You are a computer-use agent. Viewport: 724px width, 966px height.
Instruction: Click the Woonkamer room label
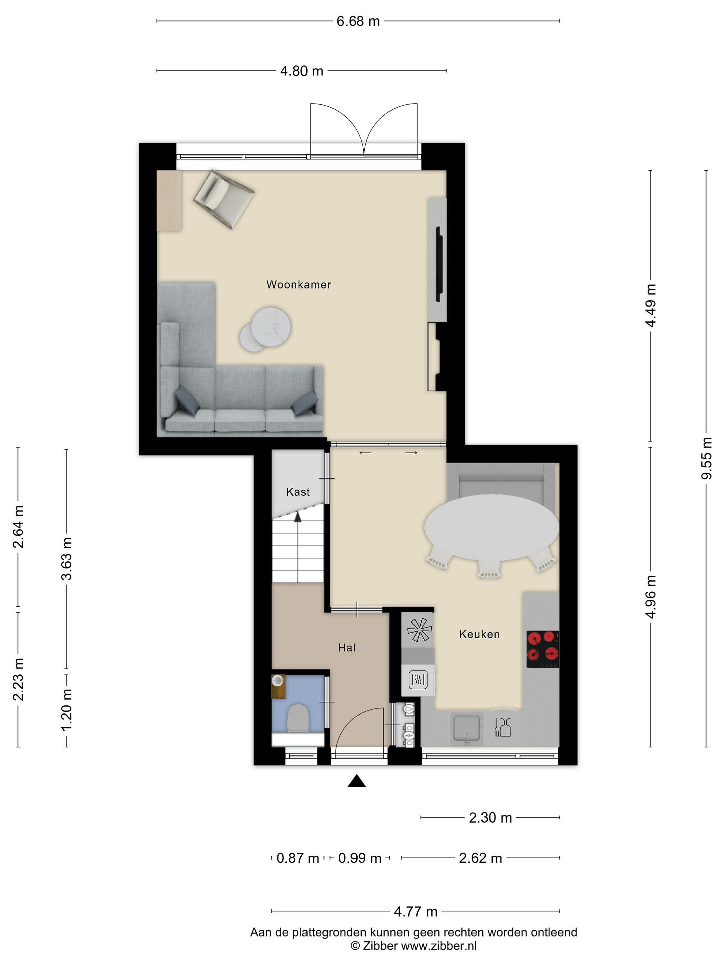pos(299,285)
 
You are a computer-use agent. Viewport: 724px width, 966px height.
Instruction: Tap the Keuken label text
pos(479,634)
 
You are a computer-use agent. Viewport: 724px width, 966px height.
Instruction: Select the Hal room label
pos(347,648)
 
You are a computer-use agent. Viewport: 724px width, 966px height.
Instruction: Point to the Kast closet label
pos(298,492)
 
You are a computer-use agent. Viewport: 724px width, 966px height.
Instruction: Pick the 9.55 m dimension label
pos(706,458)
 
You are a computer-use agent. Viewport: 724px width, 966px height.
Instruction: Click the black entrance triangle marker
pos(357,781)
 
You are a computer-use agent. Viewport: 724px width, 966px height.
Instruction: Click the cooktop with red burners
pos(542,649)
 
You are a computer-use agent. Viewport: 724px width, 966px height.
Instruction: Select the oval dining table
pos(491,528)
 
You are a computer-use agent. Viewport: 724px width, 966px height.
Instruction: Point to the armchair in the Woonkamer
pos(224,199)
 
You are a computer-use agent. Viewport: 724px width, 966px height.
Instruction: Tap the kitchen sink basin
pos(467,728)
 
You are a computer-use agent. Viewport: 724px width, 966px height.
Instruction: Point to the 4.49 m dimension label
pos(651,305)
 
